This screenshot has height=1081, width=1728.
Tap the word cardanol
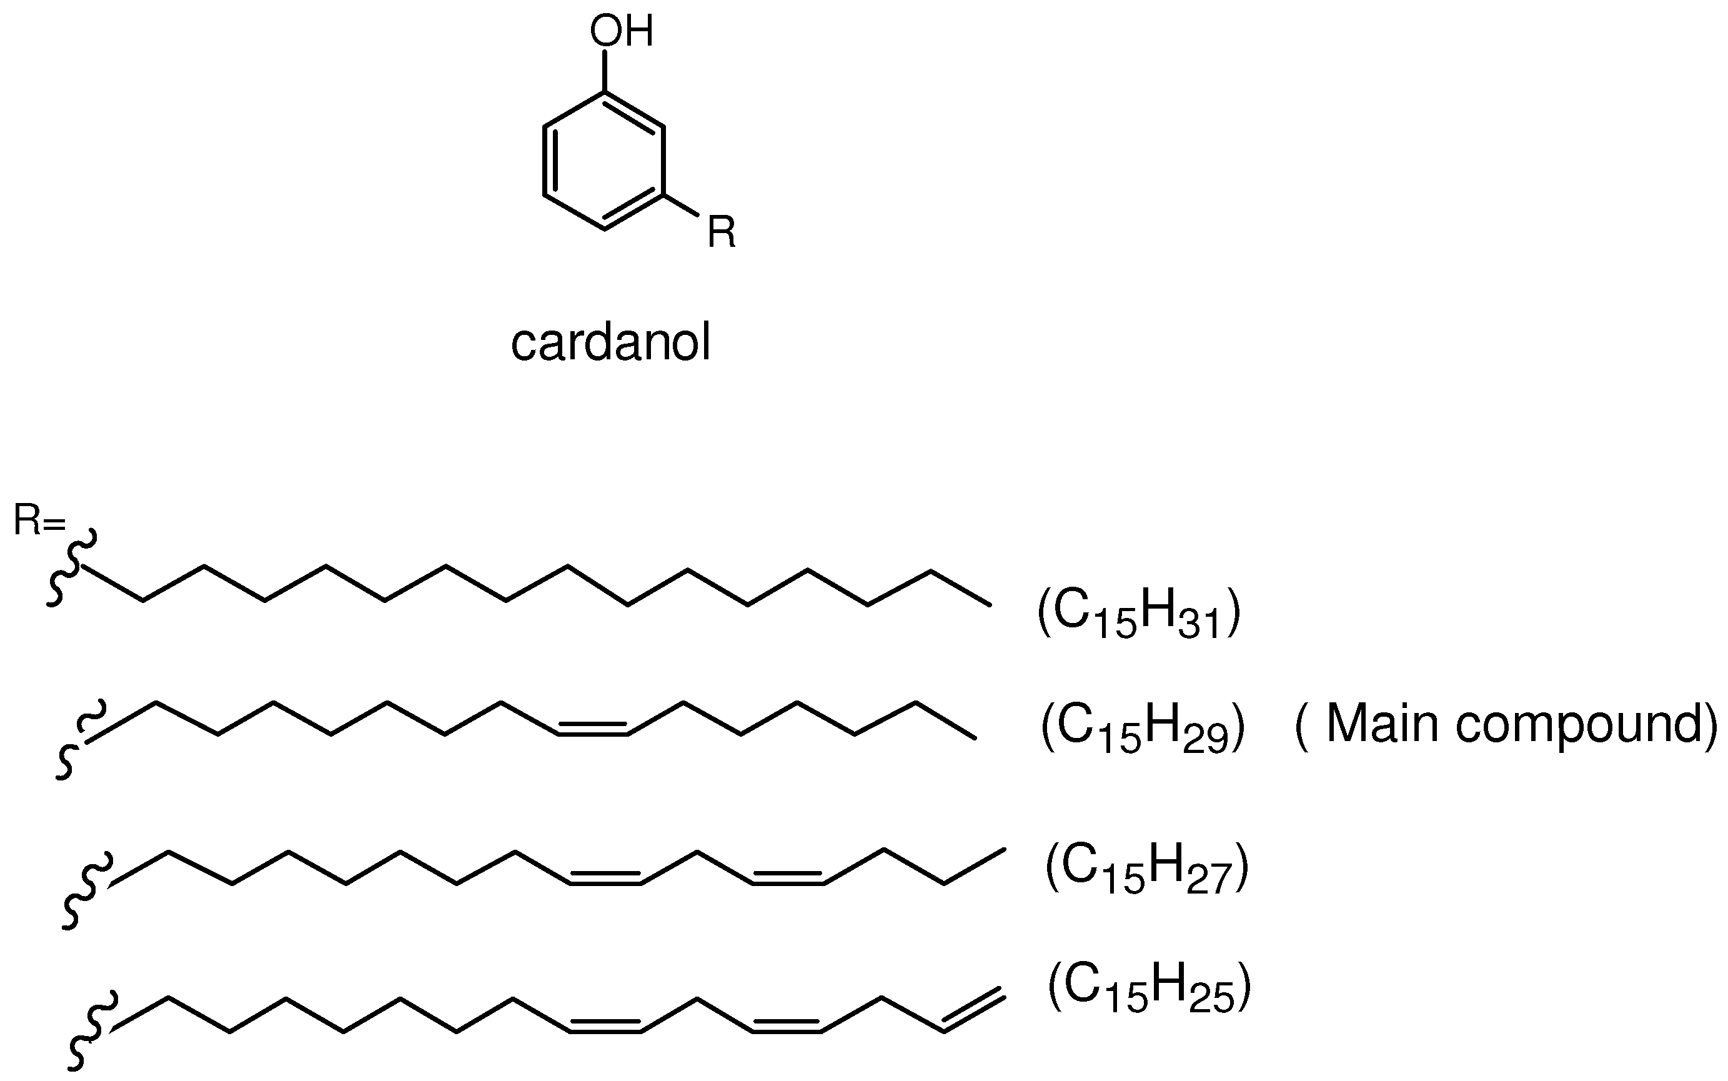coord(610,342)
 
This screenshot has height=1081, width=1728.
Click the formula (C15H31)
coord(1138,613)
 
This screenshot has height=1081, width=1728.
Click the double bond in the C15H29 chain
coord(592,729)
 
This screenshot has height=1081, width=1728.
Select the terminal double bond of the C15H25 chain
coord(974,1010)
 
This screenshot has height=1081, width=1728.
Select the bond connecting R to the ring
coord(681,204)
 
